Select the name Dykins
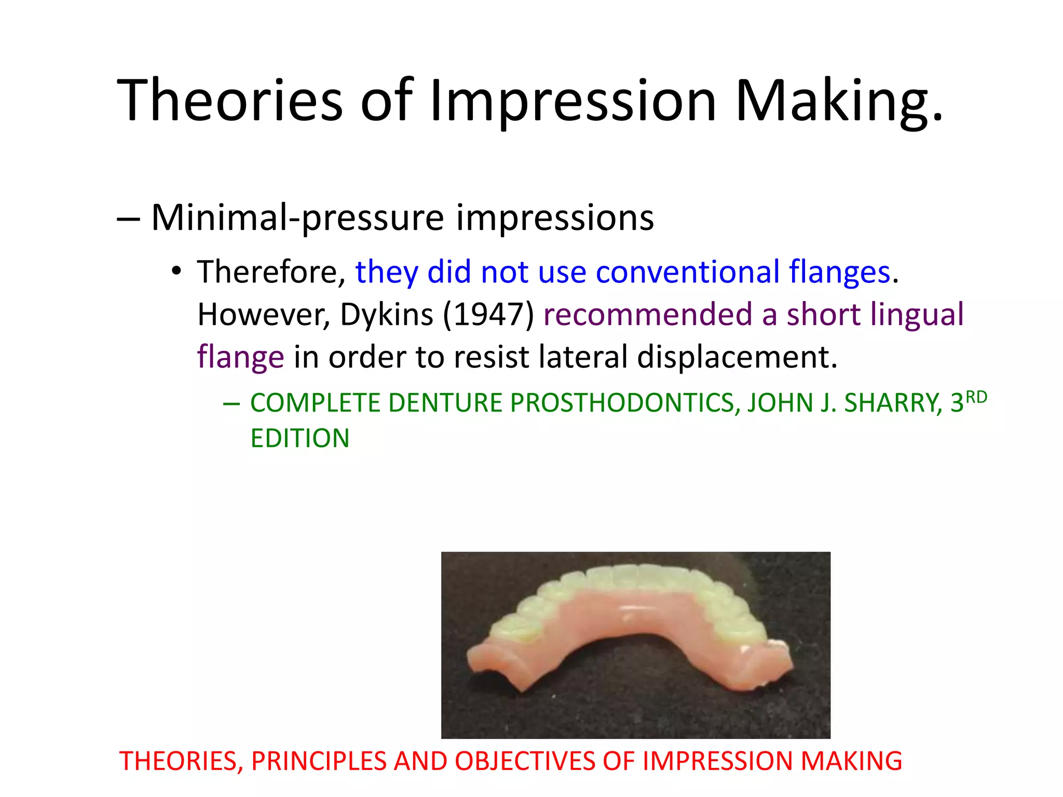click(386, 314)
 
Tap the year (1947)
click(488, 314)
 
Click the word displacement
click(737, 357)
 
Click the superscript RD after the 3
click(976, 397)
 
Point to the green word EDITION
click(299, 438)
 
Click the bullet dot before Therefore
click(176, 271)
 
